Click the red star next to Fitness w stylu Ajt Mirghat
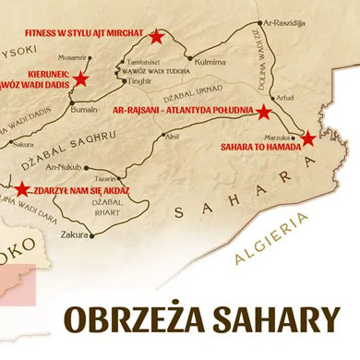(156, 37)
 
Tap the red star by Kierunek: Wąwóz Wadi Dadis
(80, 78)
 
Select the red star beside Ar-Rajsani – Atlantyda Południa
(263, 113)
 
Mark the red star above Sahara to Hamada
(308, 138)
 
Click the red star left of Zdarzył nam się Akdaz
(22, 188)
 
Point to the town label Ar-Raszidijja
(282, 22)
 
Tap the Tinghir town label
(139, 80)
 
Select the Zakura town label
(75, 234)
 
